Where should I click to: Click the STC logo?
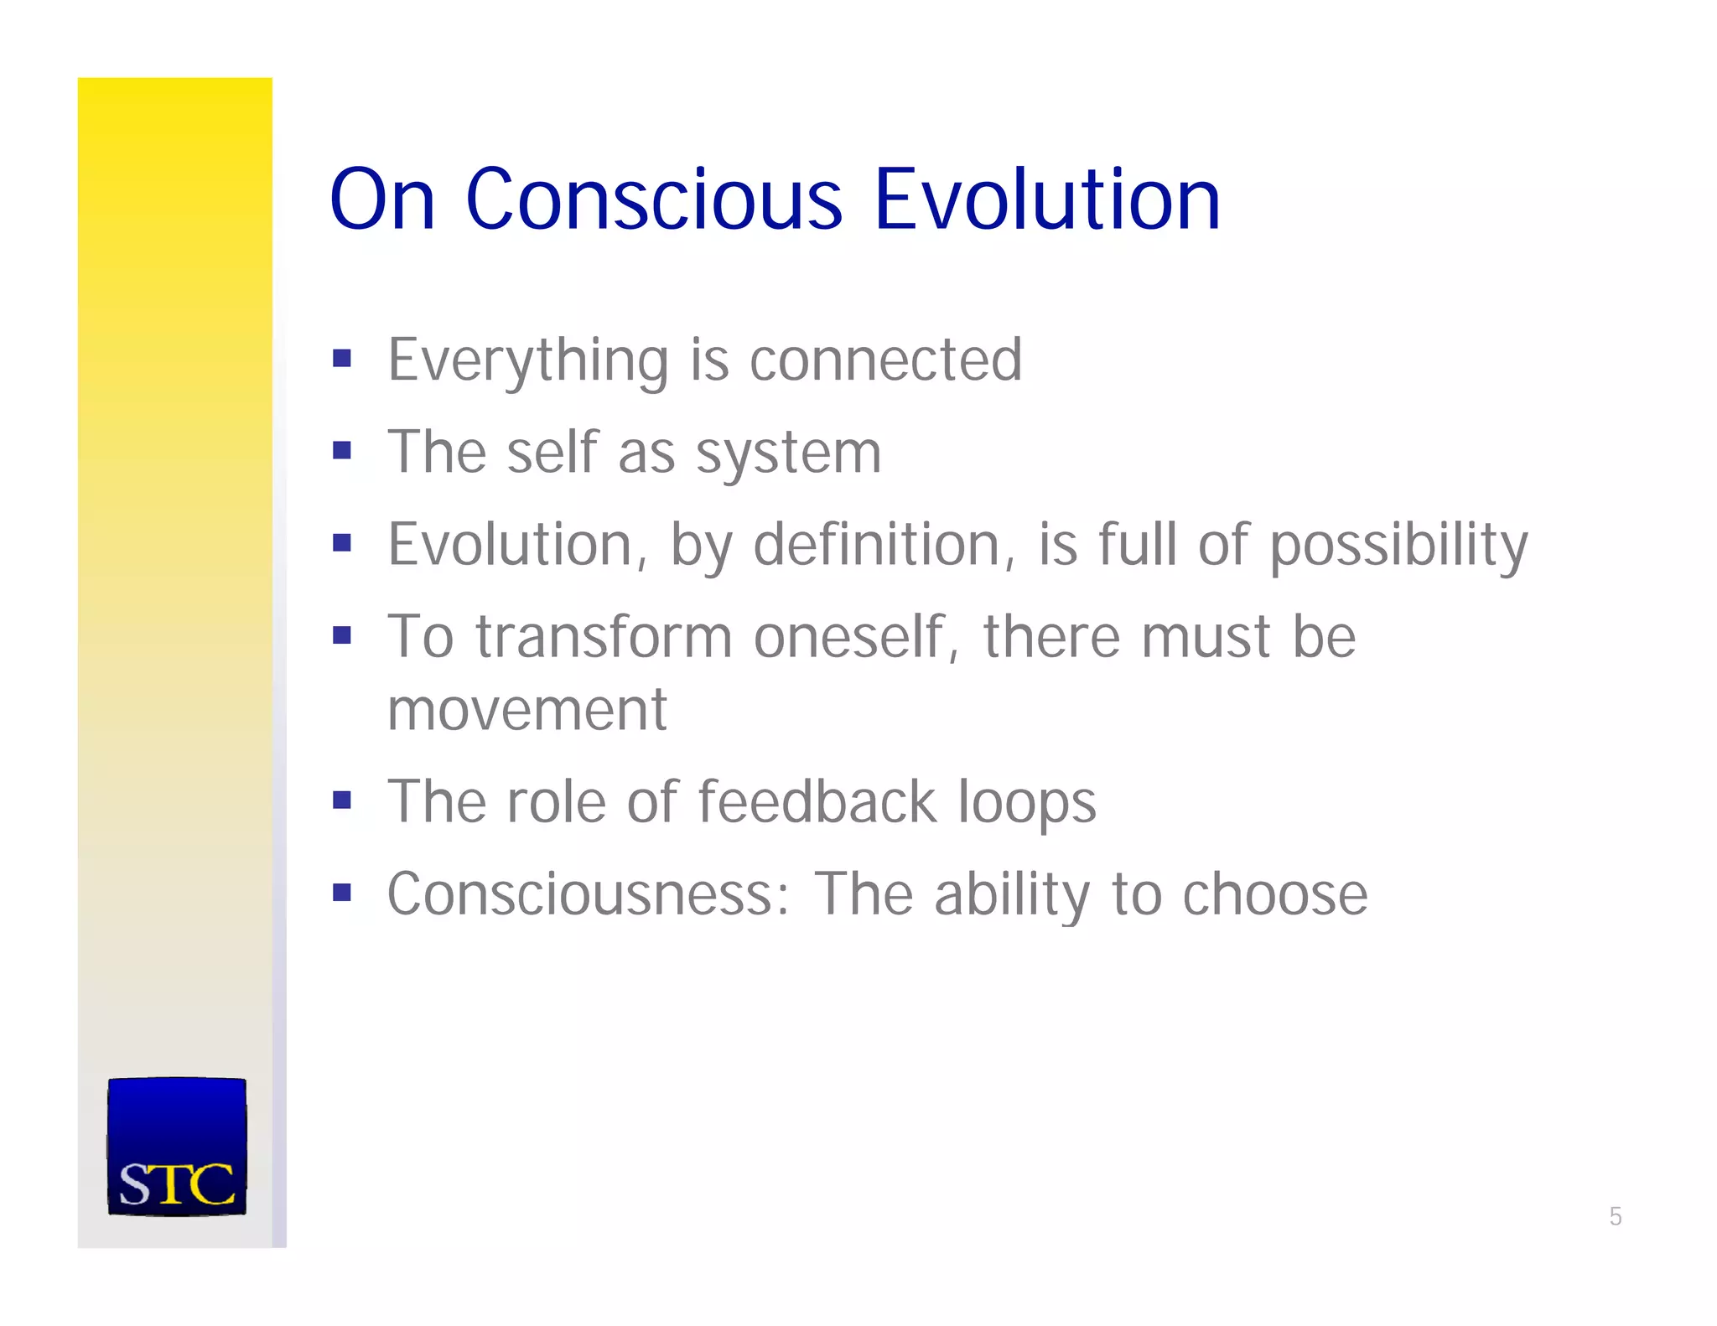pyautogui.click(x=177, y=1147)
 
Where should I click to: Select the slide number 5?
pyautogui.click(x=1616, y=1216)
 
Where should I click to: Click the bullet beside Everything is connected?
pyautogui.click(x=341, y=359)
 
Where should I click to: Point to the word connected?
pyautogui.click(x=885, y=360)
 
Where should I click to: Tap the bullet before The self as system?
pyautogui.click(x=341, y=451)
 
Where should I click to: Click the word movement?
pyautogui.click(x=527, y=711)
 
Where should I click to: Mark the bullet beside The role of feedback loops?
pyautogui.click(x=341, y=800)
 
